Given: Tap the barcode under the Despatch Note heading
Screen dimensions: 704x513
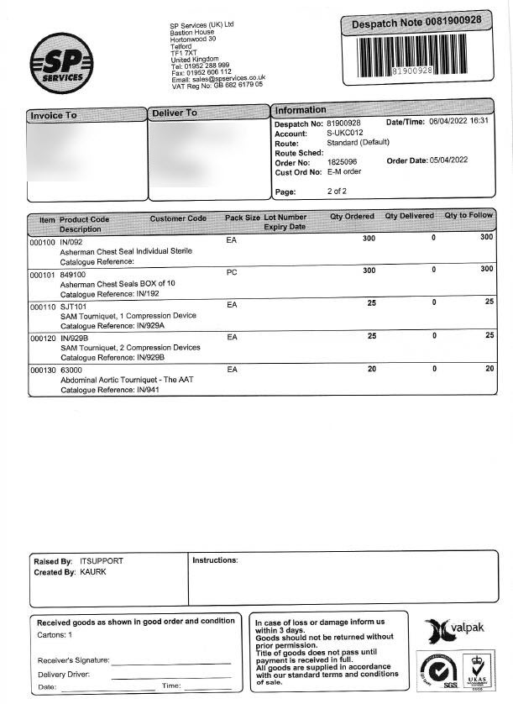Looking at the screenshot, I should coord(416,56).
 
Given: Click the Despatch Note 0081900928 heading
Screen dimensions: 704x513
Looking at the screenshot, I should coord(416,21).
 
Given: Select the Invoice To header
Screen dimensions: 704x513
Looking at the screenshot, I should coord(54,115).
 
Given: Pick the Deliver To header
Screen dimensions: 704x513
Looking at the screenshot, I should coord(175,113).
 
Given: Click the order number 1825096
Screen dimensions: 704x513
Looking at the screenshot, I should coord(342,161).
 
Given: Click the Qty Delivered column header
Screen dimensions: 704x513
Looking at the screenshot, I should coord(409,217).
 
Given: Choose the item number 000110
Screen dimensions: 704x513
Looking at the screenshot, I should coord(42,307).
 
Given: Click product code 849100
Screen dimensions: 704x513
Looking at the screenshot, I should coord(72,275).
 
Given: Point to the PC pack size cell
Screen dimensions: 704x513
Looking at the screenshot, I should coord(233,272).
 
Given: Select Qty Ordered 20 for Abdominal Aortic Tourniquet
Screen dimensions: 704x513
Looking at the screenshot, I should coord(371,368).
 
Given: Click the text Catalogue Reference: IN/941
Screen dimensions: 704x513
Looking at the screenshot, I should coord(99,390).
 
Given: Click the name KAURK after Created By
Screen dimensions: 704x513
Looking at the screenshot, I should coord(93,572).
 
